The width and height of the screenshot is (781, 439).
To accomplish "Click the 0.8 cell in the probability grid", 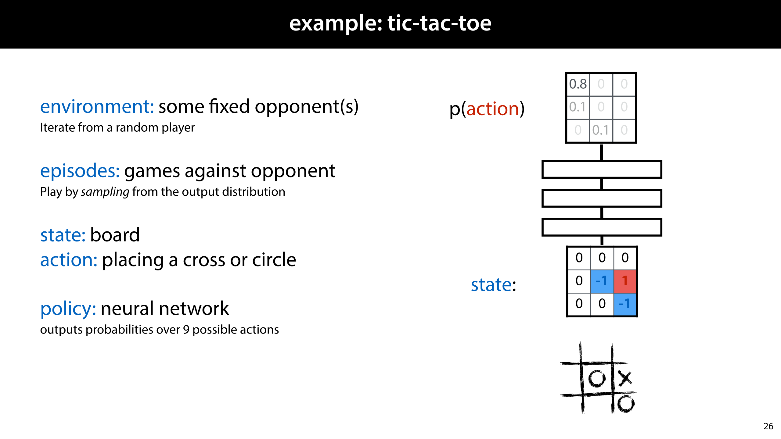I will coord(578,84).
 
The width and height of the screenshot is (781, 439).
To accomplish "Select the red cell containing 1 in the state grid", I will coord(625,281).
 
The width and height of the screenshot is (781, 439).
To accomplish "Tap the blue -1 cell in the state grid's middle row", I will coord(602,281).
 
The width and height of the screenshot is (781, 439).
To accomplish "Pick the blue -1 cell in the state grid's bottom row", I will coord(625,304).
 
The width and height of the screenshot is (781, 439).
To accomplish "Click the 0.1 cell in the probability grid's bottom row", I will coord(600,130).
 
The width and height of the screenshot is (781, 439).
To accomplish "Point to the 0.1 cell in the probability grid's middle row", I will coord(578,107).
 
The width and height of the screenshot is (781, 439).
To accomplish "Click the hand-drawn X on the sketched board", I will coord(625,378).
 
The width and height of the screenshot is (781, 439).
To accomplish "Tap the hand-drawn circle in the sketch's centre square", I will coord(597,379).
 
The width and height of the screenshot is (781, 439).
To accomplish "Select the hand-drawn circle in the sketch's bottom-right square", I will coord(626,404).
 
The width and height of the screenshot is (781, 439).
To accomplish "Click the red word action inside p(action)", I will coord(493,109).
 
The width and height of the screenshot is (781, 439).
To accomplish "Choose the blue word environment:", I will coord(97,107).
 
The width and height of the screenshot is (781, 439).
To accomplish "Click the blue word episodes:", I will coord(80,171).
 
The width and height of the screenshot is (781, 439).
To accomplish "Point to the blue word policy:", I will coord(68,309).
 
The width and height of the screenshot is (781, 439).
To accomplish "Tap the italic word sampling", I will coord(105,192).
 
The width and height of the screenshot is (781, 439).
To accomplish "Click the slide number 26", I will coord(768,426).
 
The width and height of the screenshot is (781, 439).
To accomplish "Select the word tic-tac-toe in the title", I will coord(439,23).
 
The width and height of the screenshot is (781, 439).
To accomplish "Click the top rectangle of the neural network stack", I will coord(602,170).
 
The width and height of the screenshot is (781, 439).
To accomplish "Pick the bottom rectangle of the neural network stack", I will coord(602,227).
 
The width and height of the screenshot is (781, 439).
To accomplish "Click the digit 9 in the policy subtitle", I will coord(186,330).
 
